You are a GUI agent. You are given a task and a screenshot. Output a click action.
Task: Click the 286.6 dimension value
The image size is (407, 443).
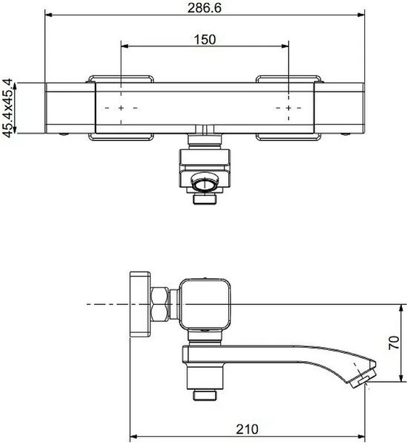click(205, 7)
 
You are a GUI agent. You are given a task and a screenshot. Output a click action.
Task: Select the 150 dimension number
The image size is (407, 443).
click(205, 40)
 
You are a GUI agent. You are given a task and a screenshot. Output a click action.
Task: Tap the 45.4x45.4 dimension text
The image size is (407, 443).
click(7, 108)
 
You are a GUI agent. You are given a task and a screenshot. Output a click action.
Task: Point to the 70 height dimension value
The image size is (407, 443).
click(394, 343)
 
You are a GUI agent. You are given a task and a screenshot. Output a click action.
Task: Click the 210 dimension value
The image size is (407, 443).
click(247, 430)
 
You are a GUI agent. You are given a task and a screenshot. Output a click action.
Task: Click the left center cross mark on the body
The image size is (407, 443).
click(121, 108)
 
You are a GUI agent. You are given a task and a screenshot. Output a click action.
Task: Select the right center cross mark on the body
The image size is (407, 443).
click(288, 108)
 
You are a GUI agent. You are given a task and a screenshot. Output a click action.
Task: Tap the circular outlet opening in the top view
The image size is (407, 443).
click(205, 183)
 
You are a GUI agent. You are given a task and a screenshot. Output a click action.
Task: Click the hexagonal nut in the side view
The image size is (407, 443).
click(160, 304)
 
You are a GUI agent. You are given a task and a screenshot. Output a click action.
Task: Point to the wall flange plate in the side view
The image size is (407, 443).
click(140, 304)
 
